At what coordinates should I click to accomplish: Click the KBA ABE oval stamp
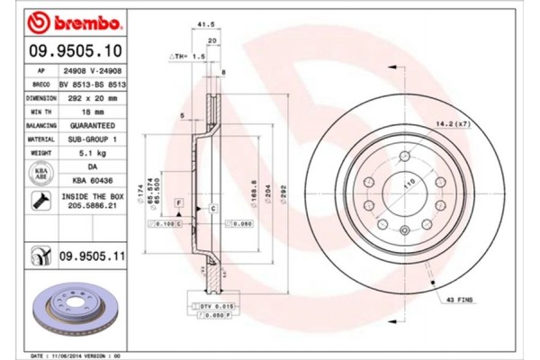pyautogui.click(x=40, y=173)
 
